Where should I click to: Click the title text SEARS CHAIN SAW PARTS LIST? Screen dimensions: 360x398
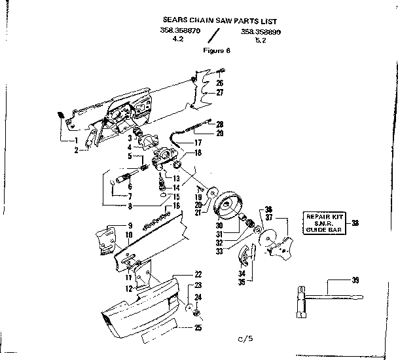pos(213,20)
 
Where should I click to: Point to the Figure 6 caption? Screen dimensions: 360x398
pos(216,49)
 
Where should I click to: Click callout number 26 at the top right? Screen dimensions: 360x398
pos(220,83)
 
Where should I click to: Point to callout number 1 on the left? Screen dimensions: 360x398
pos(76,140)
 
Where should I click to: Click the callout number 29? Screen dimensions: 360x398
pos(220,133)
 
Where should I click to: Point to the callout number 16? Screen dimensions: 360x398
pos(176,206)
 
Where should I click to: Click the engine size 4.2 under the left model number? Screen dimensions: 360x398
pos(177,39)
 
